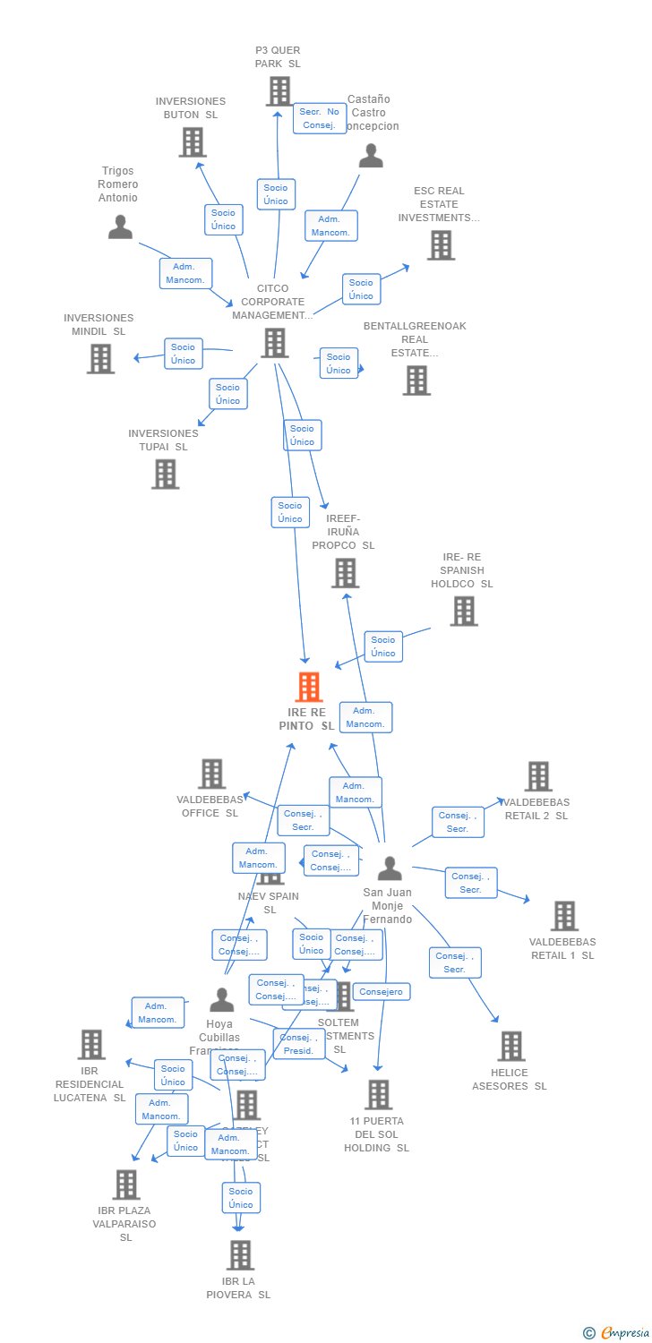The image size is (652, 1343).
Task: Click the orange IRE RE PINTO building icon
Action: coord(309,687)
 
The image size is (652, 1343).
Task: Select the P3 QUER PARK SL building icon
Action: coord(279,91)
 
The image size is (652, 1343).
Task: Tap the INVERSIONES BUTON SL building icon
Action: coord(193,142)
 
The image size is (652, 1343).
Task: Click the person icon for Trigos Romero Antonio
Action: coord(120,227)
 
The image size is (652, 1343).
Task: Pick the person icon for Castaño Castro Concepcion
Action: coord(371,156)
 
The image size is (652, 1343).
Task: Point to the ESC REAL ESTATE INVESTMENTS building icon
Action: coord(441,245)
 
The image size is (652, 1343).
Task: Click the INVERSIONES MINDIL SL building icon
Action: coord(100,359)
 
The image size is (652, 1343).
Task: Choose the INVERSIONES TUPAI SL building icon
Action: coord(166,475)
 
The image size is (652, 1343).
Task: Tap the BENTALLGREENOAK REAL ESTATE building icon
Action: coord(416,381)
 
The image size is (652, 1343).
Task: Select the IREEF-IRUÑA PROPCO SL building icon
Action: coord(345,573)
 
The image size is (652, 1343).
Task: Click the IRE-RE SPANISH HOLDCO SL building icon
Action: coord(464,612)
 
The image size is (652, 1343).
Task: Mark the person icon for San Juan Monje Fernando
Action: coord(390,868)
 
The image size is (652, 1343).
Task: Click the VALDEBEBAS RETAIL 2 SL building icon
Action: coord(538,776)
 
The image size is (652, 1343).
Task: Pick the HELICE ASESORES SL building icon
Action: coord(511,1046)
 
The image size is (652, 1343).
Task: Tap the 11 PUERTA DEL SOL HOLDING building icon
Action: coord(379,1094)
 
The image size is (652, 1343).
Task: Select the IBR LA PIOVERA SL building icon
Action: coord(240,1255)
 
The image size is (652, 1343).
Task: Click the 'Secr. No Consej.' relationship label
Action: coord(320,118)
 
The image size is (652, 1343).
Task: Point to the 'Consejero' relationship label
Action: coord(382,992)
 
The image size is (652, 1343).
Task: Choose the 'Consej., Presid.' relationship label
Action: coord(299,1044)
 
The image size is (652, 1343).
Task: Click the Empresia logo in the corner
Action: coord(618,1333)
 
